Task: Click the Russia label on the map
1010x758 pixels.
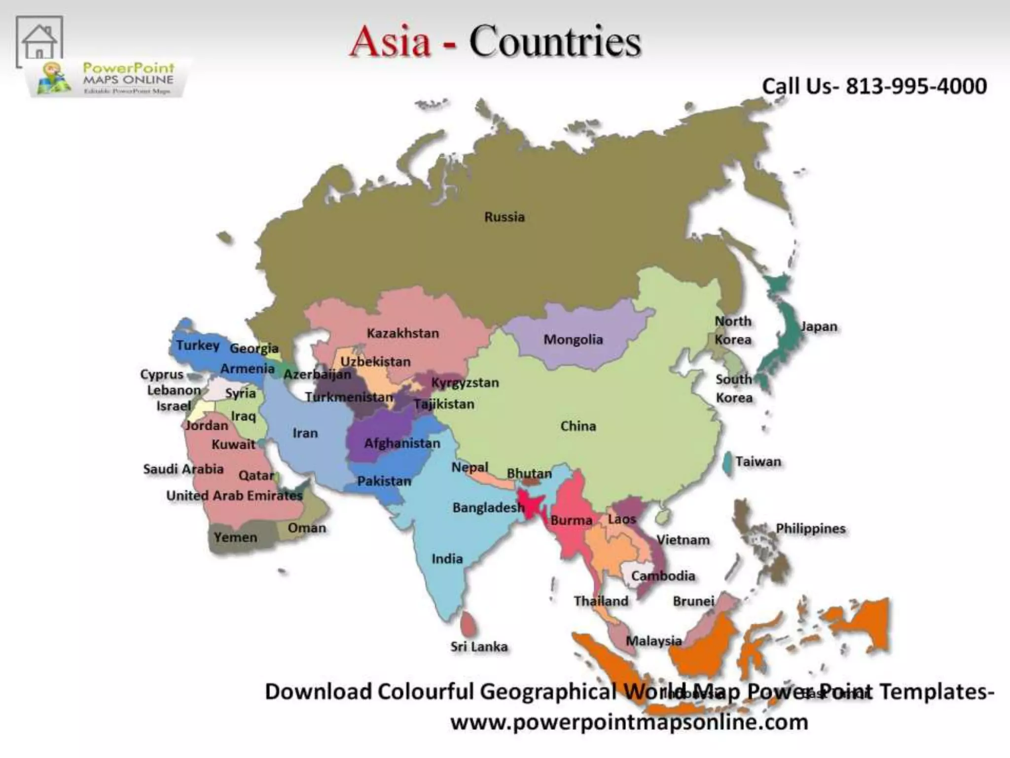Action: [x=504, y=217]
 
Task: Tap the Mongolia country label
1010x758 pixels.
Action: [x=573, y=340]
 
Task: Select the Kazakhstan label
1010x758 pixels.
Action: [x=402, y=333]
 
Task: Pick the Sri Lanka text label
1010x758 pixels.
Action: [x=479, y=646]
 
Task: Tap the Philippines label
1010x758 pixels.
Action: [x=810, y=529]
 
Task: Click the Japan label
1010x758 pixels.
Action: [x=819, y=326]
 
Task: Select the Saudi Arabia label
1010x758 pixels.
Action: [x=183, y=469]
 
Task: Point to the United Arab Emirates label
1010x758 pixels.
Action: [x=234, y=495]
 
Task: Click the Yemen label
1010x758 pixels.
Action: [x=235, y=537]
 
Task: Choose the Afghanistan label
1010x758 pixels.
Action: [x=402, y=443]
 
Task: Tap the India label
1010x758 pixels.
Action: [x=447, y=559]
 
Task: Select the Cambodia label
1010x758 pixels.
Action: [x=663, y=576]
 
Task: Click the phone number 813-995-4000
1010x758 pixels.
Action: [x=916, y=86]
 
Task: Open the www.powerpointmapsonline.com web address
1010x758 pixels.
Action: [x=629, y=722]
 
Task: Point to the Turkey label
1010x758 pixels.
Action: [x=198, y=345]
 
